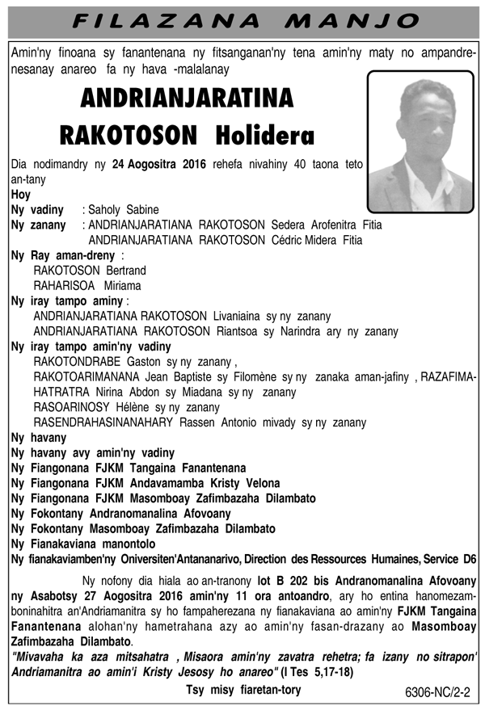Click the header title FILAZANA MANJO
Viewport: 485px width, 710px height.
tap(242, 19)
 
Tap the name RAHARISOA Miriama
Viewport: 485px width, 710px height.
tap(87, 286)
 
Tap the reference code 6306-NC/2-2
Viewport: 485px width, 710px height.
tap(441, 693)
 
